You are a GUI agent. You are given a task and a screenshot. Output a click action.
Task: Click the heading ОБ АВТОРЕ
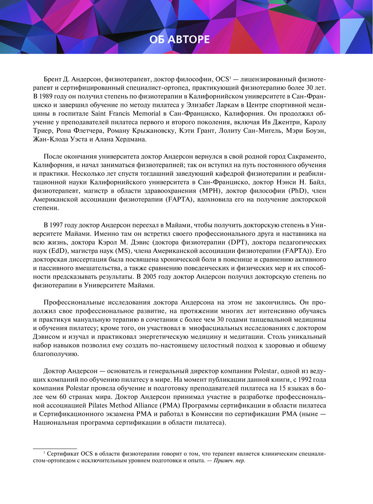179,39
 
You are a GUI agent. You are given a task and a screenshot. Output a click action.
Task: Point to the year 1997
56,225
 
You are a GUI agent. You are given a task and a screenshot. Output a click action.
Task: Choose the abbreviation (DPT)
237,242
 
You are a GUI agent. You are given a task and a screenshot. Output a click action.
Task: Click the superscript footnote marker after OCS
230,78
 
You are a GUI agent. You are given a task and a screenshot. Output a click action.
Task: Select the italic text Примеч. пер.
229,461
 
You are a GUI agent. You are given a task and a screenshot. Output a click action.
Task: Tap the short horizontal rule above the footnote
55,448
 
